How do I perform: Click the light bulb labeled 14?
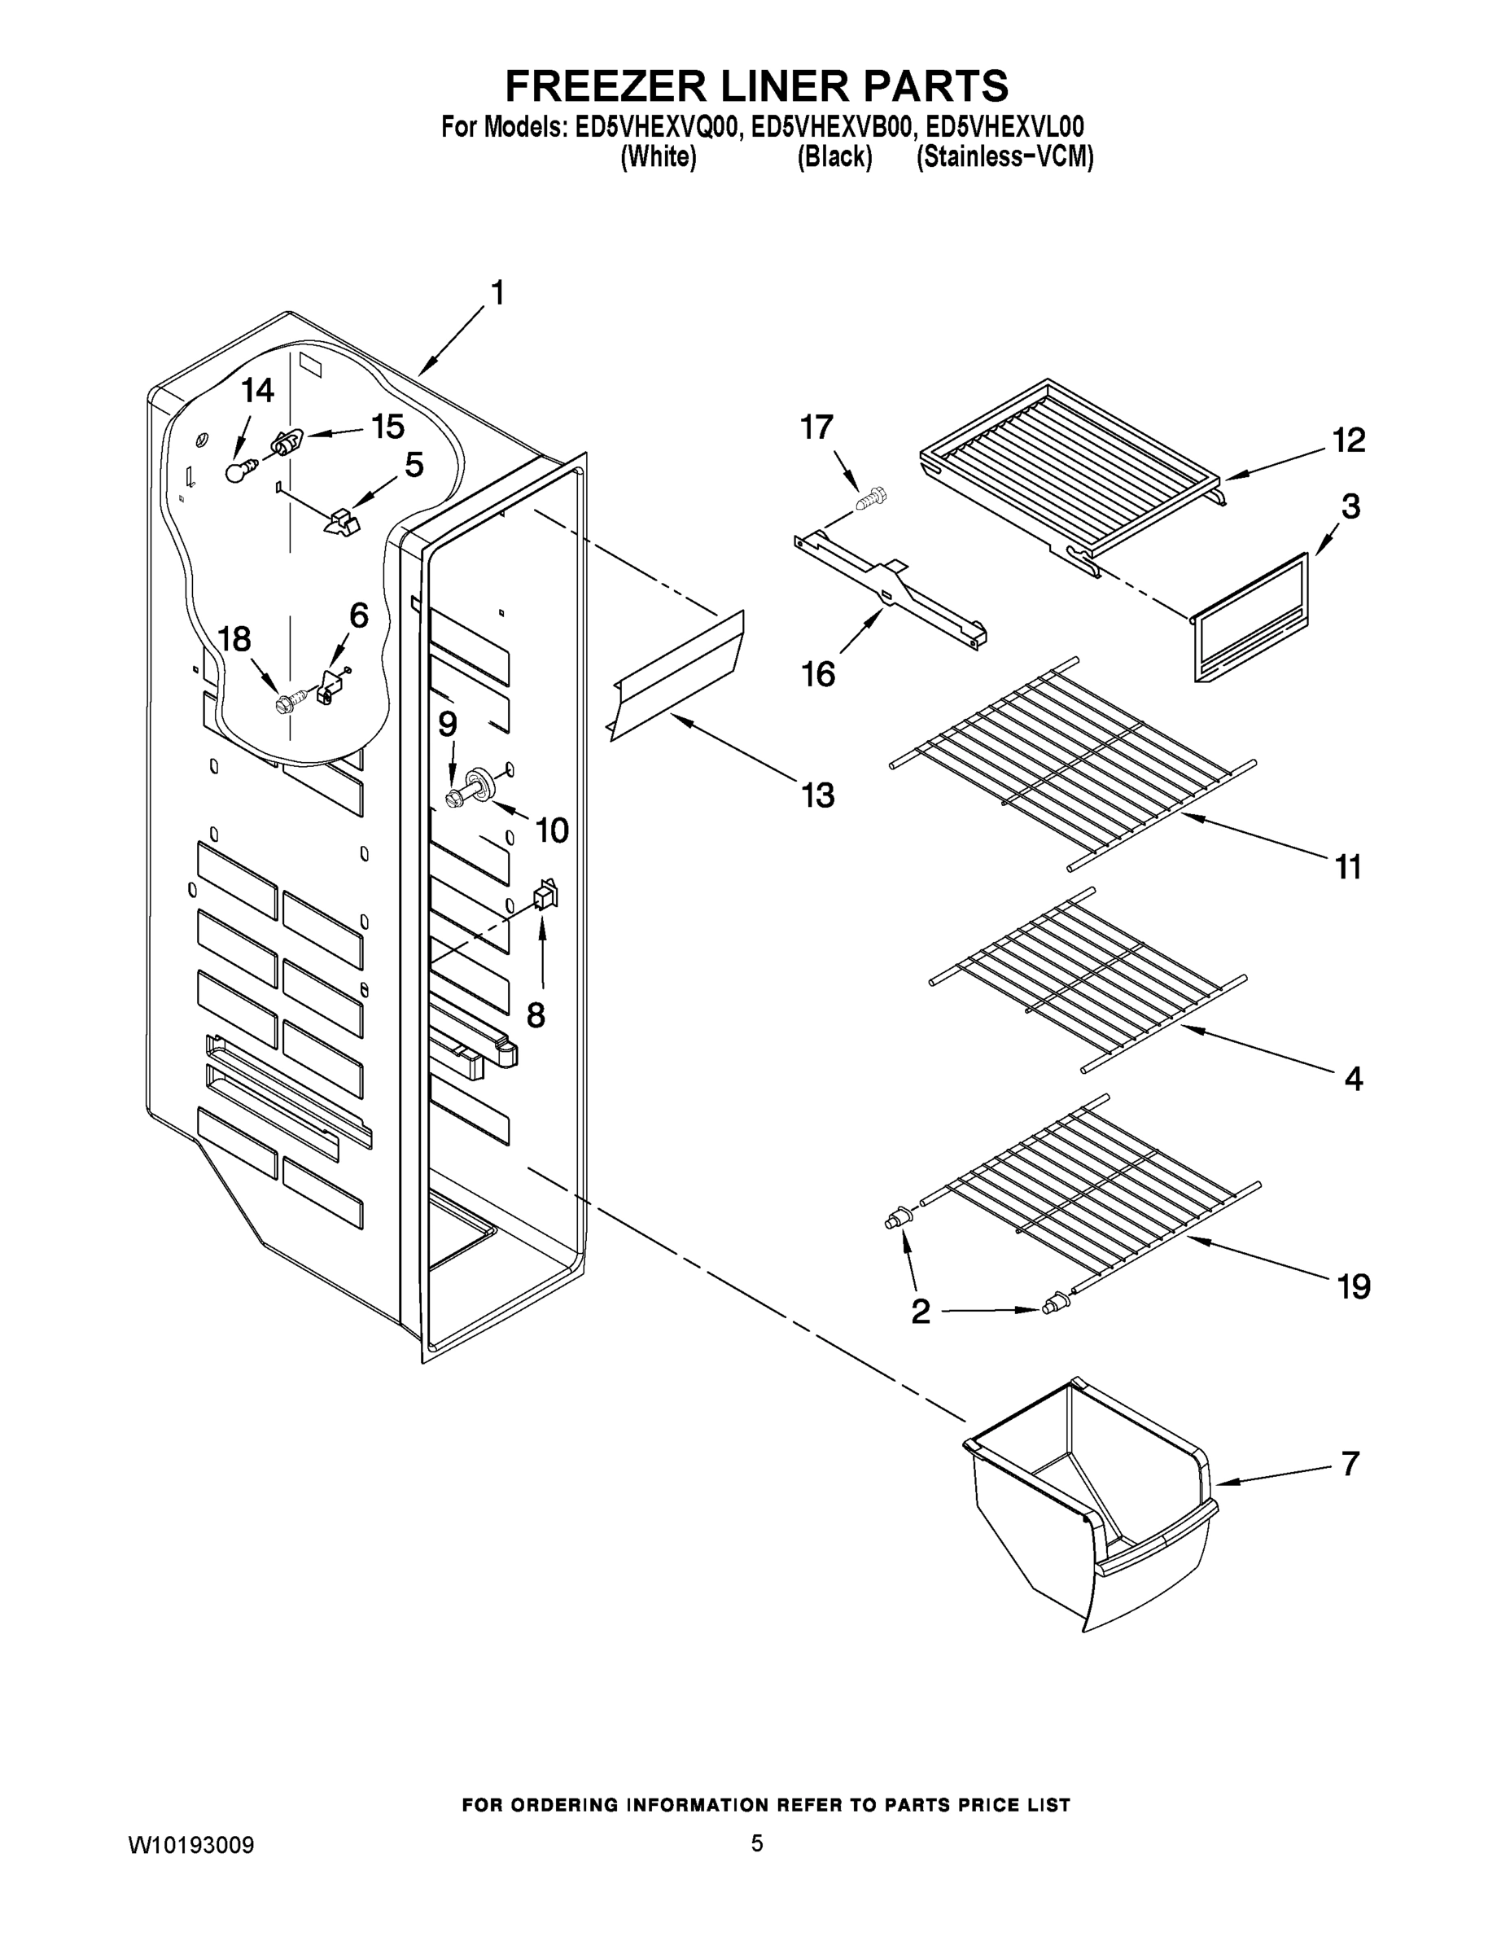point(237,471)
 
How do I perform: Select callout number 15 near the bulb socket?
point(387,427)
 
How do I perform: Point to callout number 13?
point(816,795)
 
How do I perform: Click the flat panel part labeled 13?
point(678,677)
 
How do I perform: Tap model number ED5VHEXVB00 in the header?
point(833,127)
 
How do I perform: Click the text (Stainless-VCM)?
point(1004,157)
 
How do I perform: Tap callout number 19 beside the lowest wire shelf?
point(1353,1286)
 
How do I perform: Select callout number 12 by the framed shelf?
point(1348,440)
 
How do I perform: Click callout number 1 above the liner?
point(497,293)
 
